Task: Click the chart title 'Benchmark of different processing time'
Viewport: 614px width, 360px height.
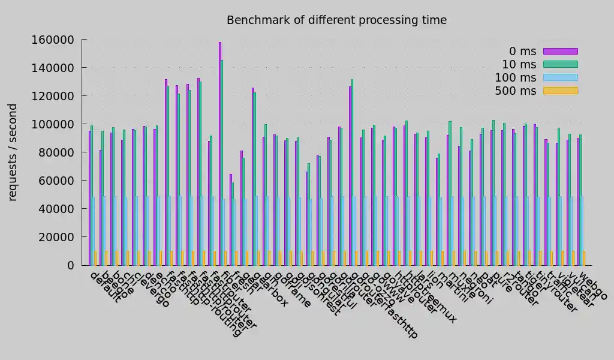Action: point(336,20)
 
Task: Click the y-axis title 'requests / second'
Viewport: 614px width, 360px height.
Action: point(13,152)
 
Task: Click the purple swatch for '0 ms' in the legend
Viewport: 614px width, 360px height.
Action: point(560,51)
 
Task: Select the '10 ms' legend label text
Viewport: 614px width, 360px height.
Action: point(519,64)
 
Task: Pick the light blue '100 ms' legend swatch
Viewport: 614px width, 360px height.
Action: point(560,77)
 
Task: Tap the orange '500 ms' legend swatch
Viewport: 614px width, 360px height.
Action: point(560,91)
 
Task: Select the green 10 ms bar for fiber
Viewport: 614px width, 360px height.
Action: point(222,163)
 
